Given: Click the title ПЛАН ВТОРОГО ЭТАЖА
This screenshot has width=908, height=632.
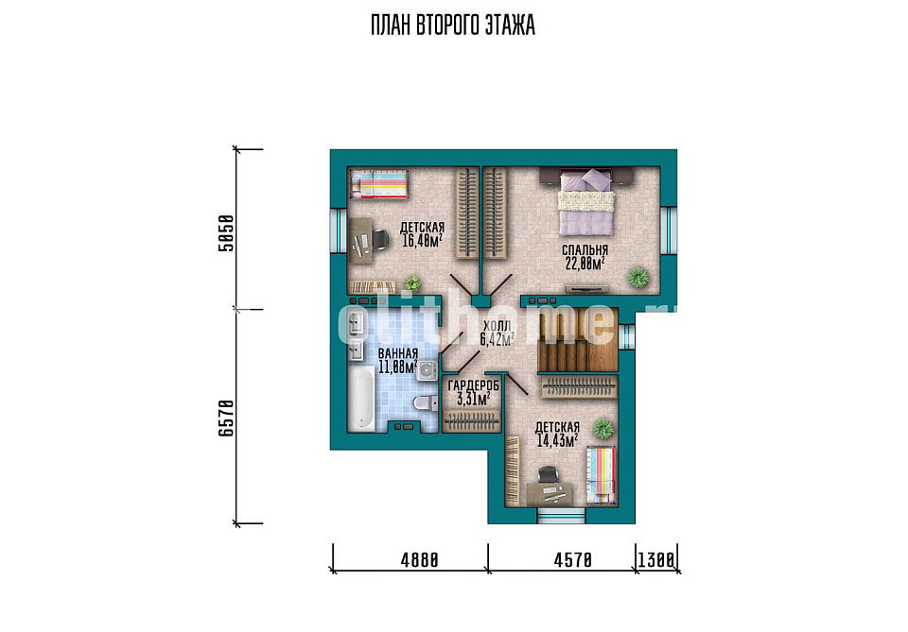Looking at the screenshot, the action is pos(453,26).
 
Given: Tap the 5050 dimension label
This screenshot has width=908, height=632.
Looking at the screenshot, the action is pos(226,233).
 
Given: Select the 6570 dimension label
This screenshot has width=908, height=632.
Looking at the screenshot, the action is pos(226,418).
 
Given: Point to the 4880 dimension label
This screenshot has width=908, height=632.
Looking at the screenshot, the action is pos(419,559).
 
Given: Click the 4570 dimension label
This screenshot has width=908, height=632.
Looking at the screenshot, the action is pos(573,559).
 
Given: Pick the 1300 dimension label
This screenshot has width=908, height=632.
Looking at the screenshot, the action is pos(656,559).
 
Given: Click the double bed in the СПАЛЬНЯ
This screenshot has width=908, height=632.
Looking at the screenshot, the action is pos(585,201).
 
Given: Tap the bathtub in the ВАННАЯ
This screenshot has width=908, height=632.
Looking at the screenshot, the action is pos(361,399).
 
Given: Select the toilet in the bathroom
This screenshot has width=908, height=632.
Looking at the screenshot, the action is pos(426,403).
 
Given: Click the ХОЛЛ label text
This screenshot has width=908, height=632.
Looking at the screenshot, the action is pos(497,326).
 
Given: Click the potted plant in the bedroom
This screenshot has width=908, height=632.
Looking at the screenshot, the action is pos(637,278).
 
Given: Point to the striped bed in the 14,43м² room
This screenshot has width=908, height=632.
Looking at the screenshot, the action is pos(602,475).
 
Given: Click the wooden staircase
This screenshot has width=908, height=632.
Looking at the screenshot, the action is pos(577,339).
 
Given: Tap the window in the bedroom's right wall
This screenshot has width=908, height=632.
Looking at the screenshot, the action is pos(669,230).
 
